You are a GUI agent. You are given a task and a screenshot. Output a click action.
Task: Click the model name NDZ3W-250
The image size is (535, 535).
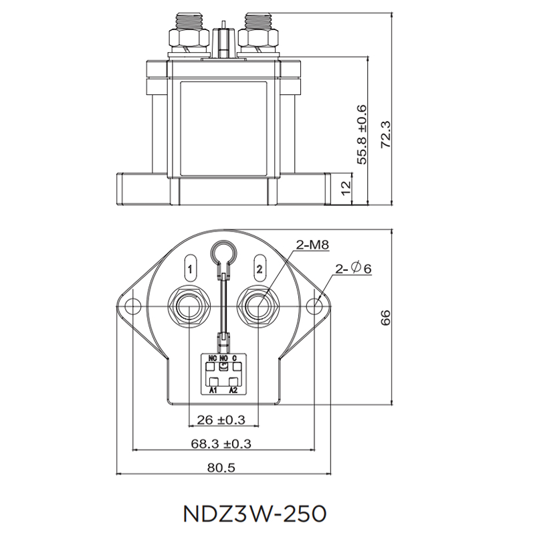click(x=253, y=513)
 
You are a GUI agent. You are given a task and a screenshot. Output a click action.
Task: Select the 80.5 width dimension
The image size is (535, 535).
click(x=221, y=468)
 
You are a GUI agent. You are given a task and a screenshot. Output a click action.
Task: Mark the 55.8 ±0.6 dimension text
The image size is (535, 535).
click(x=362, y=134)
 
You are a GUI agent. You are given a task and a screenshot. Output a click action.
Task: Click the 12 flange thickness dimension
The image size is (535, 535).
click(x=346, y=187)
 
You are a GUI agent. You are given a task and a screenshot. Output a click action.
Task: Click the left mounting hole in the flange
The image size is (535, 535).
click(x=134, y=306)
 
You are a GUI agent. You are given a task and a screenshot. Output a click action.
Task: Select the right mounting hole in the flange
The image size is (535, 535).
click(x=315, y=306)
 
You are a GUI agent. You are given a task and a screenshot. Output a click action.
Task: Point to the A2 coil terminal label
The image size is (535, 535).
click(x=233, y=389)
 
